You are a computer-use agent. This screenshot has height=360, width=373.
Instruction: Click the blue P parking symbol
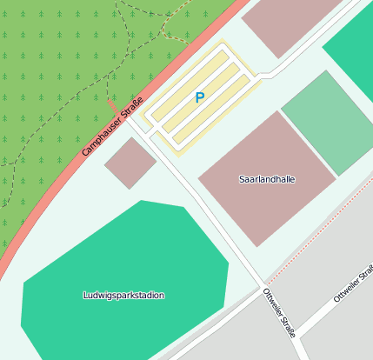click(x=200, y=98)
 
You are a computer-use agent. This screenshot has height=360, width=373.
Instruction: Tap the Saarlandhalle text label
click(x=267, y=179)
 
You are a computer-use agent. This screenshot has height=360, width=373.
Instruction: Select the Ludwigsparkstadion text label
click(x=123, y=295)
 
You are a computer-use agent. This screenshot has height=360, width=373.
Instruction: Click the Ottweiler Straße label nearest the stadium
click(x=279, y=312)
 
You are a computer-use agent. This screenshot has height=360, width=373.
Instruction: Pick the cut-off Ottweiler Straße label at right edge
click(x=354, y=285)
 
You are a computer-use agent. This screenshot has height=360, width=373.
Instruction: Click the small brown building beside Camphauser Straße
click(x=130, y=163)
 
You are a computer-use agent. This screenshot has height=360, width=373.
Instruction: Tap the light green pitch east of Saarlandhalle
click(x=329, y=122)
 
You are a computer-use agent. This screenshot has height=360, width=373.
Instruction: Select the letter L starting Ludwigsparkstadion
click(x=85, y=295)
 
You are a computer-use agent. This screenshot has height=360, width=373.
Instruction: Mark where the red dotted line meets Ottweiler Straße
click(x=265, y=283)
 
